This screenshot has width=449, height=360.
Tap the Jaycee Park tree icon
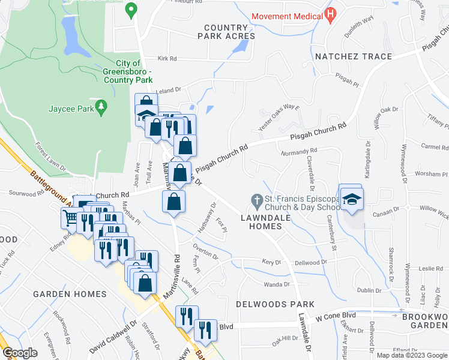click(x=102, y=107)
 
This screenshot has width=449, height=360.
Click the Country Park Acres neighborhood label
click(x=226, y=32)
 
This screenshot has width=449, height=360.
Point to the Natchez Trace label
click(x=354, y=56)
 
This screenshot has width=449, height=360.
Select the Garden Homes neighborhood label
click(x=70, y=294)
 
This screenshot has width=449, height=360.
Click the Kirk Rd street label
click(x=167, y=59)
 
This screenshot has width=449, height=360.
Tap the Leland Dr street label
click(x=169, y=89)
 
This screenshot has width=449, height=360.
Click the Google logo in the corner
click(x=20, y=353)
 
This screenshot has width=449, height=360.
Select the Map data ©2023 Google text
click(x=412, y=355)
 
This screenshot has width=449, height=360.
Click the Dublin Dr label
click(x=367, y=290)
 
